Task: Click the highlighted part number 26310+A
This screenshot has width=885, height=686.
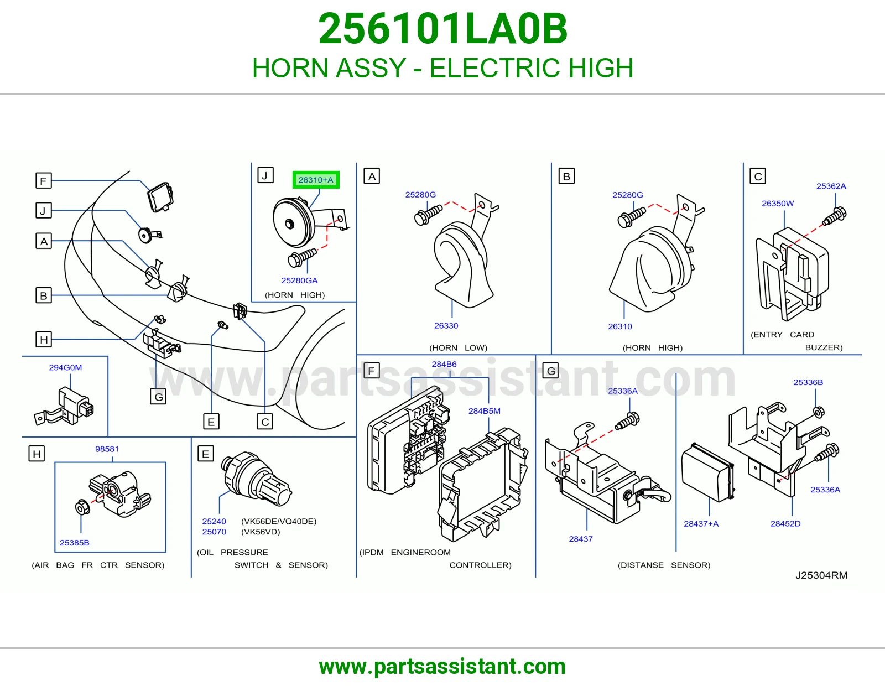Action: [x=316, y=180]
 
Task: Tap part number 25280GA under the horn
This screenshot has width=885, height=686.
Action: [x=299, y=280]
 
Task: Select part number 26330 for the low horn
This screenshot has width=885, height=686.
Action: [x=446, y=325]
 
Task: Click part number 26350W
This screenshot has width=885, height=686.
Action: [x=778, y=203]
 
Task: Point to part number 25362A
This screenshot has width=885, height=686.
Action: [x=831, y=186]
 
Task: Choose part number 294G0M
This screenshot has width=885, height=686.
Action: [x=65, y=367]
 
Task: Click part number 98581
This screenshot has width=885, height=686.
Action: [x=107, y=449]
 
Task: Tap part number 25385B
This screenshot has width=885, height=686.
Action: [x=74, y=543]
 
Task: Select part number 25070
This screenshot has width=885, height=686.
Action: [x=214, y=532]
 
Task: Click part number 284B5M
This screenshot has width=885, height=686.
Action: [x=484, y=411]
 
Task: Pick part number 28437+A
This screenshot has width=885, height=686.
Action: [x=701, y=524]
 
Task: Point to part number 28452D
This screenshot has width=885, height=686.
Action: [x=785, y=523]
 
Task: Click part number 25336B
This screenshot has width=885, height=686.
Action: [x=808, y=382]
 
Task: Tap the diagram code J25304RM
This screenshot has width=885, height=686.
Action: [x=821, y=575]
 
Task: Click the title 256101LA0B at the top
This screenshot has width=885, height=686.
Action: [x=442, y=29]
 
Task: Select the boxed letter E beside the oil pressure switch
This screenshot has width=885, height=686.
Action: [x=205, y=454]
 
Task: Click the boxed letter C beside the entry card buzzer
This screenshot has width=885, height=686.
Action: [x=758, y=176]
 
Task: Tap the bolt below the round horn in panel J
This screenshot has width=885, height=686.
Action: [x=302, y=257]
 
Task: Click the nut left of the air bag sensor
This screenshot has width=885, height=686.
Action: [x=82, y=507]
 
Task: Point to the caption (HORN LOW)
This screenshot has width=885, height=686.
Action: [x=458, y=348]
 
